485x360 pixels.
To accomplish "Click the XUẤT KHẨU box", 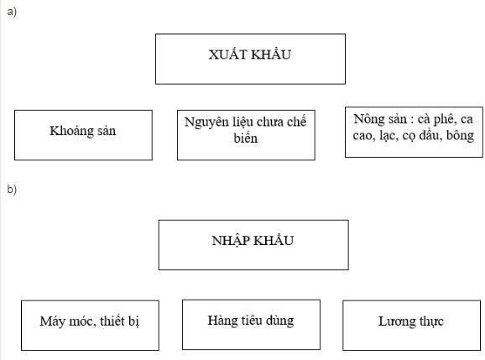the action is [x=250, y=58].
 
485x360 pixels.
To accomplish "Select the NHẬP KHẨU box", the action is [x=253, y=244].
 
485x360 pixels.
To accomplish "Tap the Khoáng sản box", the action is [x=83, y=134].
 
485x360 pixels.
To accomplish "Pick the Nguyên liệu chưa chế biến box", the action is [x=246, y=133].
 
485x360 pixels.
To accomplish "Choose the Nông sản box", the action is [x=414, y=129].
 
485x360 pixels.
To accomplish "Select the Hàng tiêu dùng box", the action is [x=251, y=323].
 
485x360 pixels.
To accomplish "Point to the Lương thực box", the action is [x=411, y=324].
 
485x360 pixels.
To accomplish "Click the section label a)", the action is [x=11, y=12].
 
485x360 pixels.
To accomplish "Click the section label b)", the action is [x=11, y=190].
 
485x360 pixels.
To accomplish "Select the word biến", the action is [x=246, y=138].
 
